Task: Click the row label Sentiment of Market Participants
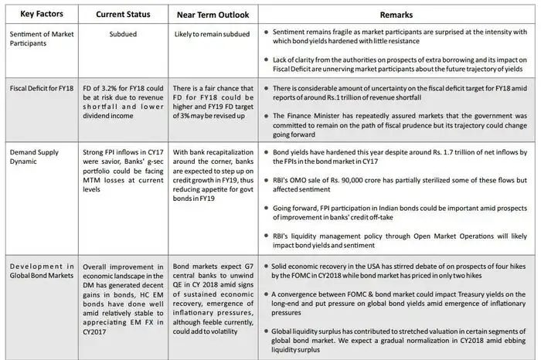coord(39,37)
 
